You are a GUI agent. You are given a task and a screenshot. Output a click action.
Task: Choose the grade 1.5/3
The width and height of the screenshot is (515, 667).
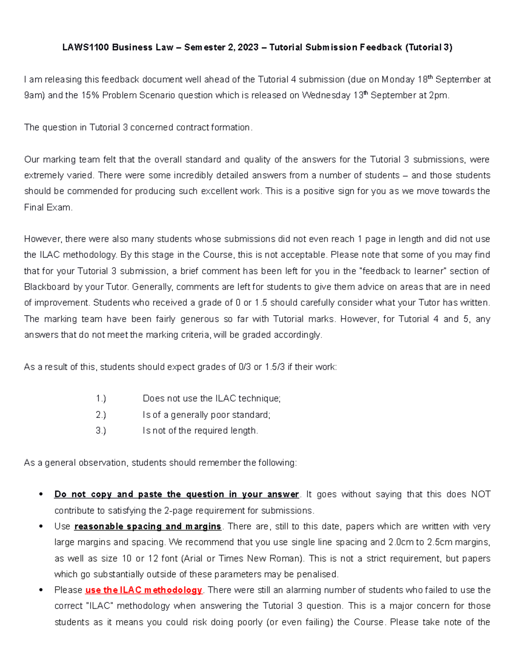pyautogui.click(x=275, y=367)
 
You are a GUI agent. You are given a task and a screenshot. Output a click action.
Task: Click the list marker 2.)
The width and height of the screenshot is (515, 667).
pyautogui.click(x=101, y=415)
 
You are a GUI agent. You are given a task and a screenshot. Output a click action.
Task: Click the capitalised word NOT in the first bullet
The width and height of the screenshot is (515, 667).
pyautogui.click(x=481, y=494)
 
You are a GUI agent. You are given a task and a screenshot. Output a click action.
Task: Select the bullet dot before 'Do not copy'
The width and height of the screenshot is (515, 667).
pyautogui.click(x=41, y=494)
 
